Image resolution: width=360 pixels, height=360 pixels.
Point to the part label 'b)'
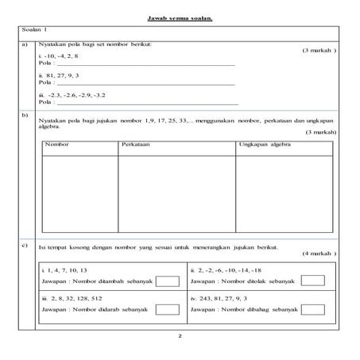click(x=28, y=116)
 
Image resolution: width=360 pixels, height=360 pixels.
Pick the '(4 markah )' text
click(x=319, y=254)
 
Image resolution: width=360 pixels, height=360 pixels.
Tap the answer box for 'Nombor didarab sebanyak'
click(x=168, y=311)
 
